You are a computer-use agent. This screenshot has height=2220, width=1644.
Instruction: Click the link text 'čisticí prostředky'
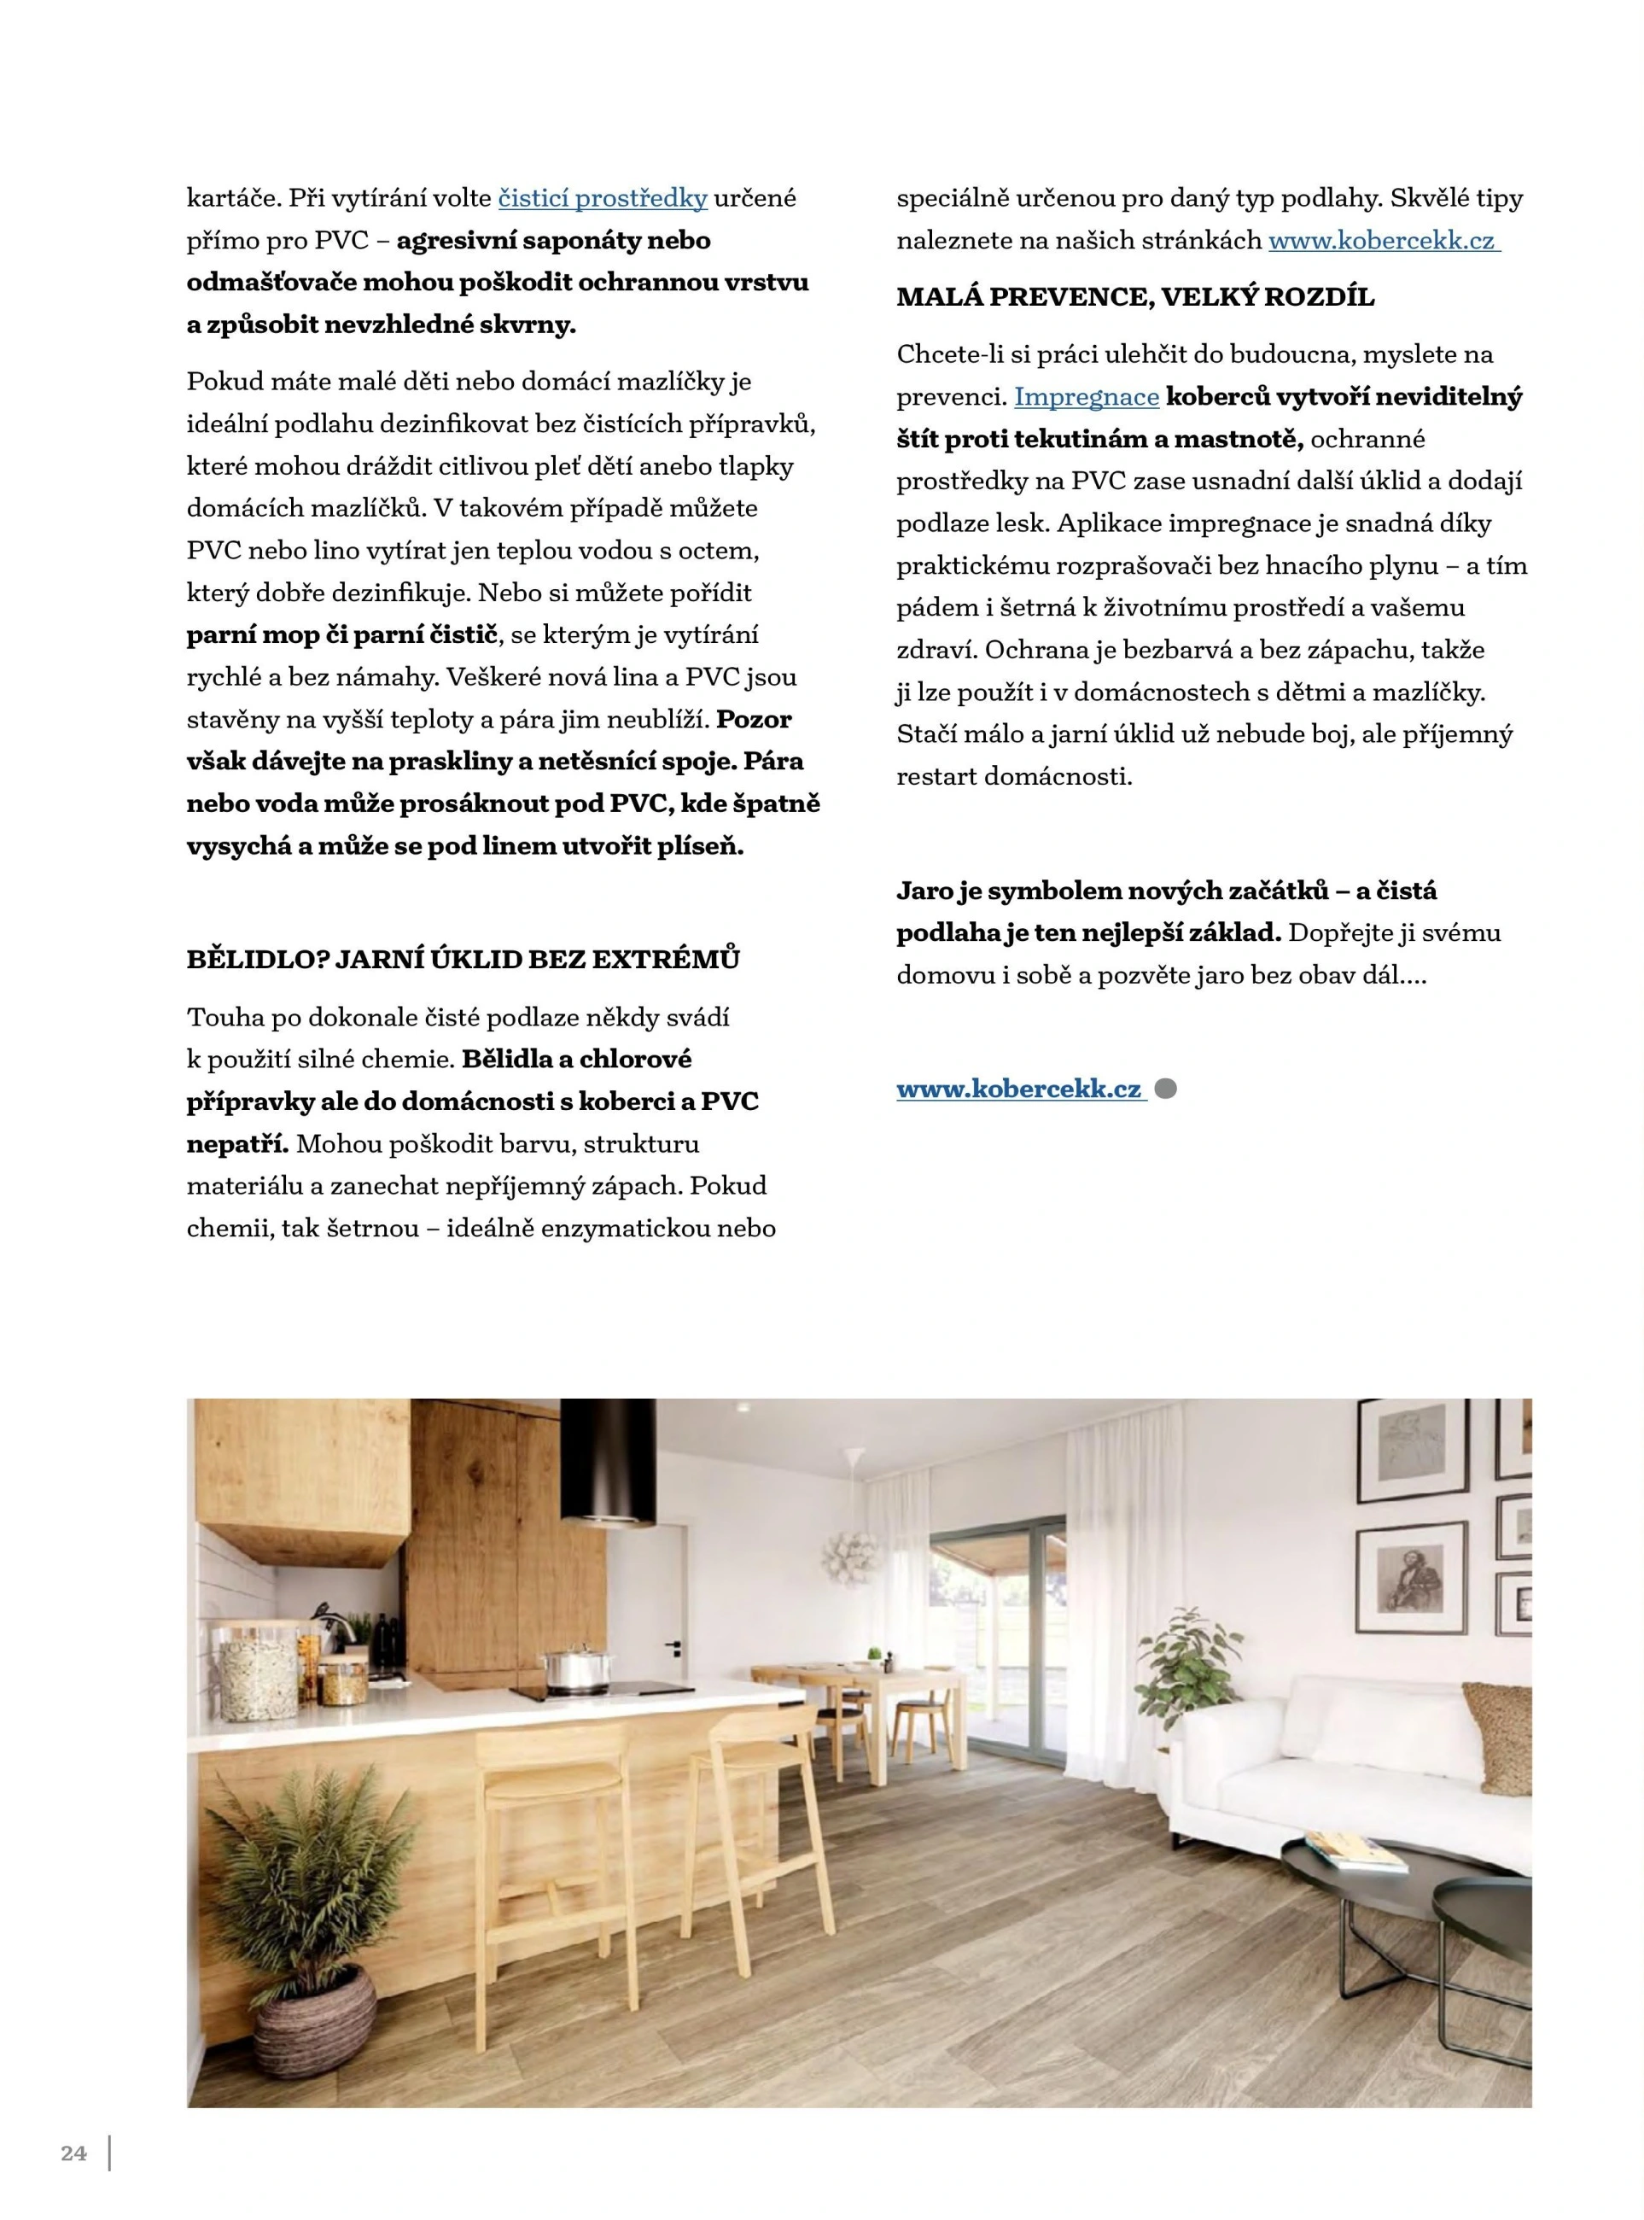(x=602, y=198)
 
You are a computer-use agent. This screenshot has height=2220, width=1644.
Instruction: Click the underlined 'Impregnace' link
(x=1086, y=397)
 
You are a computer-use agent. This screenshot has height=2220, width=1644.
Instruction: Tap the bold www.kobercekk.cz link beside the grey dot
(x=1020, y=1090)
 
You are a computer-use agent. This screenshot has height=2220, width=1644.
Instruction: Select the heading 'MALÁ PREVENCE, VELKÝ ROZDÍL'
(x=1134, y=296)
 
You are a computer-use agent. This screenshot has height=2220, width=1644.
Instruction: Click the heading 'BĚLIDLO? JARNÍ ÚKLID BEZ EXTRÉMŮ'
(x=463, y=960)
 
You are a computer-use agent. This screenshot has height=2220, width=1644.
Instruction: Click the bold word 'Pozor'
(x=754, y=719)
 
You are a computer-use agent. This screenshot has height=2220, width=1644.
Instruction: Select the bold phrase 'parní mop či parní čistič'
(x=342, y=635)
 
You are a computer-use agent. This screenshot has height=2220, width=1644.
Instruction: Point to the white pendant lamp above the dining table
(x=853, y=1549)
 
